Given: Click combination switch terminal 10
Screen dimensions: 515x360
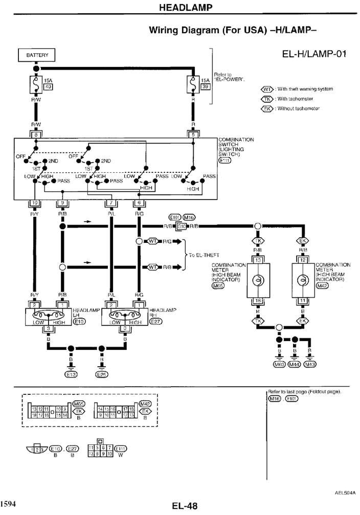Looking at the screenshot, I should click(x=35, y=204).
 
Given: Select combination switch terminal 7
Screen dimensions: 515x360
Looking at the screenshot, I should click(x=111, y=204).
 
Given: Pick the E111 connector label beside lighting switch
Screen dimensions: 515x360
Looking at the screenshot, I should click(x=225, y=160).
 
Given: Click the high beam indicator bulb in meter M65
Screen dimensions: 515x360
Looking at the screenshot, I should click(x=258, y=281).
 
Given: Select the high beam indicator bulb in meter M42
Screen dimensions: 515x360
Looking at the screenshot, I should click(x=303, y=281).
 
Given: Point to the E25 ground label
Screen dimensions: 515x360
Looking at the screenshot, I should click(x=102, y=375).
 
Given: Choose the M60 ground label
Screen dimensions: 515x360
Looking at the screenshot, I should click(x=279, y=365).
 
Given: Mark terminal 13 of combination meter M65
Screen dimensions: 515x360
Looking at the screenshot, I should click(x=258, y=260).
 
